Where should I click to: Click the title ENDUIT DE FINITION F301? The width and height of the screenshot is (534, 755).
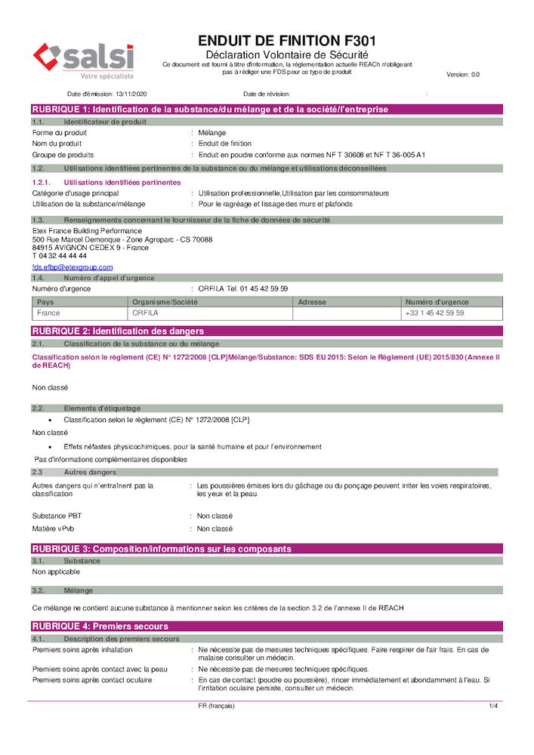click(x=286, y=41)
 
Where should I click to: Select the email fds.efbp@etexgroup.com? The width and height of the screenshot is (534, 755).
click(x=73, y=267)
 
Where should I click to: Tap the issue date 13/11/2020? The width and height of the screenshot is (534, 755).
click(x=131, y=94)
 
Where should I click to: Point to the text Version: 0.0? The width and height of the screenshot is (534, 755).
click(x=463, y=75)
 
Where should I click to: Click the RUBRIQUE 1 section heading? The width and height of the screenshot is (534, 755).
click(x=210, y=109)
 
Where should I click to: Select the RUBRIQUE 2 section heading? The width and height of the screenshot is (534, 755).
click(x=118, y=331)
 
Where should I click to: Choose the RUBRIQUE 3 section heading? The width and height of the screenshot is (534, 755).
click(x=161, y=549)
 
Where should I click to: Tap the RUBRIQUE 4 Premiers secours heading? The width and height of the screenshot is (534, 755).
click(x=100, y=627)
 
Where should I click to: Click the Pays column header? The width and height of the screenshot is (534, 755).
click(x=45, y=302)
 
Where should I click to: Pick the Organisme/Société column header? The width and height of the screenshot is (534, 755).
click(x=163, y=302)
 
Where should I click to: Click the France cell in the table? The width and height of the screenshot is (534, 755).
click(x=48, y=313)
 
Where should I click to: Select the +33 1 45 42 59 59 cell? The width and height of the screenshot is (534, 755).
click(x=434, y=313)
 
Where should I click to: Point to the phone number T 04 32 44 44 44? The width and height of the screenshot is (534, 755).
click(x=60, y=256)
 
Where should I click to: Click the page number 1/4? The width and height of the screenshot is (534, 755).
click(x=493, y=706)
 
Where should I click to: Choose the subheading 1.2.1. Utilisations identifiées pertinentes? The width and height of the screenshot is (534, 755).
click(x=106, y=183)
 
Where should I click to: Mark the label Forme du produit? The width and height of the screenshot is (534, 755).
click(x=60, y=132)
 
